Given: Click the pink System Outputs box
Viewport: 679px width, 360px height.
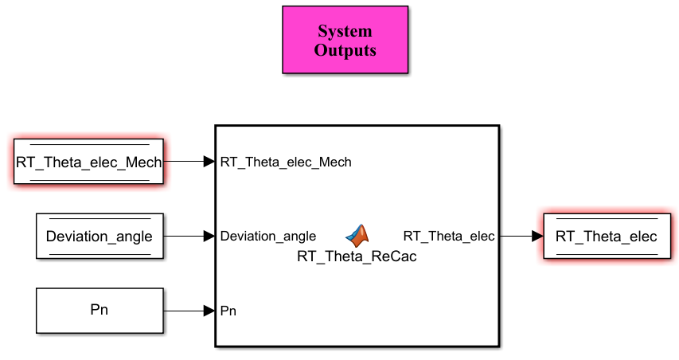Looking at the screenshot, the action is point(345,40).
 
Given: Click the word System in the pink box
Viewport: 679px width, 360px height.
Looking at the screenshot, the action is point(345,31).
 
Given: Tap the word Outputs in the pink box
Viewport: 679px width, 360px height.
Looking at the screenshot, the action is point(345,50).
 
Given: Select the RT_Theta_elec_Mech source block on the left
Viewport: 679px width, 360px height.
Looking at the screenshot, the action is point(89,162).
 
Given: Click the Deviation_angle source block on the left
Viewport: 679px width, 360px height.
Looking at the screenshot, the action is point(100,236).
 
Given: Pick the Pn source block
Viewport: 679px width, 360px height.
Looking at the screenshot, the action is point(100,311).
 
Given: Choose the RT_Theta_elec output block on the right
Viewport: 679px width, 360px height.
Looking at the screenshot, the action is point(607,236).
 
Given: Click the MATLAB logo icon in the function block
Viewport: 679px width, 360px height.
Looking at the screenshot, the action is point(357,236).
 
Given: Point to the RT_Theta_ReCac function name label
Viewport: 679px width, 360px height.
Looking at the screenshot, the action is point(357,256).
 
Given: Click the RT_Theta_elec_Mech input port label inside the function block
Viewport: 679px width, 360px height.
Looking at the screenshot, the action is point(286,162).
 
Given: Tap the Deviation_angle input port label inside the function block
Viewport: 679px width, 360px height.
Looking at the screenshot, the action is point(268,236).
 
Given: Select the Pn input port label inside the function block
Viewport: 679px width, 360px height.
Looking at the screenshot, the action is point(228,311).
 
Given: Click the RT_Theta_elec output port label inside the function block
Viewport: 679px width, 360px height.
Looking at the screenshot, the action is point(449,236).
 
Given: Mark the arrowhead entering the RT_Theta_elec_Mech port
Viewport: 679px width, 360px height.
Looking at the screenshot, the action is point(209,162).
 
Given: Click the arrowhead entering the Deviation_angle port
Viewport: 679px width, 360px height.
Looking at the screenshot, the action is point(209,236).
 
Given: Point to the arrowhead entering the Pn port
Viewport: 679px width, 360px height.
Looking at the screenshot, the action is point(209,311).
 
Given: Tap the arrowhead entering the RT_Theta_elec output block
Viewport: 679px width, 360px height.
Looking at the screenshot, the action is point(537,236).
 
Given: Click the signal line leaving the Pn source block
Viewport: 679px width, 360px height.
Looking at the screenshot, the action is point(189,311).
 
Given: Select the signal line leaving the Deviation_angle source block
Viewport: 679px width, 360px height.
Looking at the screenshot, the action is point(189,236).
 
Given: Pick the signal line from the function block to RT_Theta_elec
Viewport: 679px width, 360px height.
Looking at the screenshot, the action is point(521,236).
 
